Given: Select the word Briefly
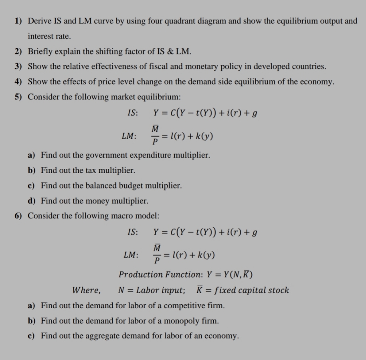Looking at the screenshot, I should pyautogui.click(x=40, y=52).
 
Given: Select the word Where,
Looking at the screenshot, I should pyautogui.click(x=87, y=290).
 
